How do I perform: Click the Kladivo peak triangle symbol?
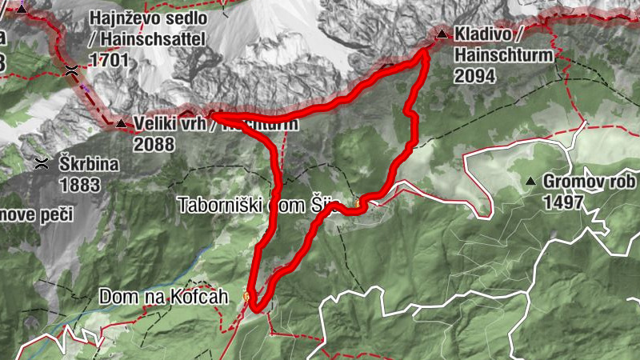[x=442, y=34]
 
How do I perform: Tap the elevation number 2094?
[x=472, y=76]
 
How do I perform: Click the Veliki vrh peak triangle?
[x=120, y=124]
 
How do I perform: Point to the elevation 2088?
[x=154, y=145]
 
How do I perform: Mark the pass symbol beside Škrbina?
[x=41, y=164]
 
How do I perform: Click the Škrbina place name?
[x=89, y=164]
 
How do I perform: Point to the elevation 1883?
[x=79, y=185]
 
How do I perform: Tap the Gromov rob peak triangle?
[x=530, y=182]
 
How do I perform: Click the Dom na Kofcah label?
[x=163, y=297]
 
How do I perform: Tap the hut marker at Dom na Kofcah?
[x=246, y=298]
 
